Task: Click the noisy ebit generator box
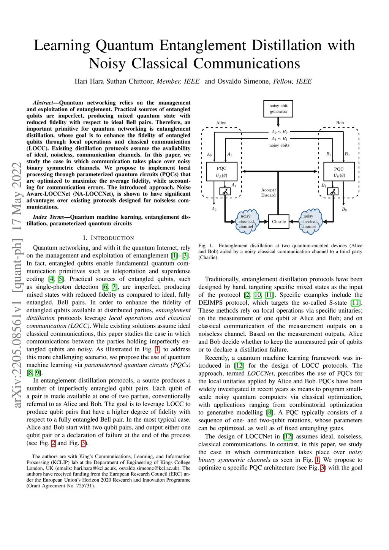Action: coord(278,109)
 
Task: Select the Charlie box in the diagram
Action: coord(278,221)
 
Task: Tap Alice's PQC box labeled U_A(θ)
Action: coord(221,172)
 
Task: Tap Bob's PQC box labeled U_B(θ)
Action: coord(339,172)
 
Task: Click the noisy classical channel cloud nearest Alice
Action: coord(246,221)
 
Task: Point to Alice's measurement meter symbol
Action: coord(225,191)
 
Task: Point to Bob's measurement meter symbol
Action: coord(333,191)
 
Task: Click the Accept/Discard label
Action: coord(269,193)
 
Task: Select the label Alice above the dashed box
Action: coord(221,123)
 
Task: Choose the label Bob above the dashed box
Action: coord(340,123)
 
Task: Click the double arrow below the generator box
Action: coord(278,122)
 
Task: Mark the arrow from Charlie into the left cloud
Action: coord(264,221)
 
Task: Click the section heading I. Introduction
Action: coord(108,238)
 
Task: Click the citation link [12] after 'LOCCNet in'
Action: coord(288,436)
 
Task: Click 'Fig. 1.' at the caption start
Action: coord(206,246)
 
